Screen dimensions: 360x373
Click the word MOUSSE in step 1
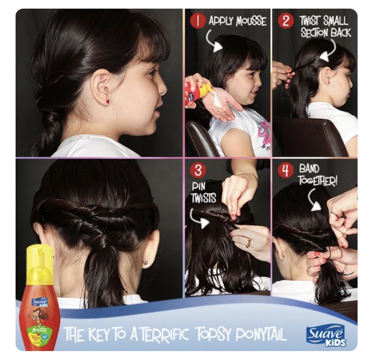point(251,21)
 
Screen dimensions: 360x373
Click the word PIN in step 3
point(198,186)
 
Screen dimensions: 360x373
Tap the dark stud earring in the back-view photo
point(146,263)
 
